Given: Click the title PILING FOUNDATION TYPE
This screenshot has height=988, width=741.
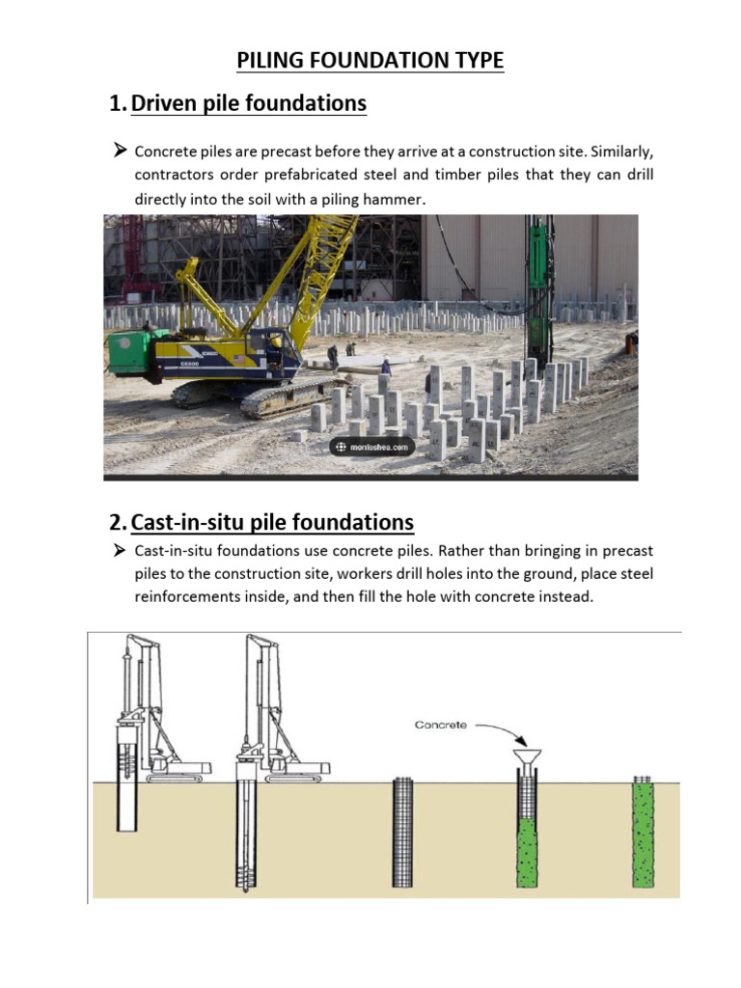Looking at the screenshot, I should [370, 61].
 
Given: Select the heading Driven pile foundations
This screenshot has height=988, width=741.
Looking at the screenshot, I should [248, 103].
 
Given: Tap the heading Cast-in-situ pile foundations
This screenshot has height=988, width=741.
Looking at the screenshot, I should [272, 522].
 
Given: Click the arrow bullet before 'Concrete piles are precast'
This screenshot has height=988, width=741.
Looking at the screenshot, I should [120, 151].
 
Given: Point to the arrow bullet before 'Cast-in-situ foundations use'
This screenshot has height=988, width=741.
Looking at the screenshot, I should [120, 550].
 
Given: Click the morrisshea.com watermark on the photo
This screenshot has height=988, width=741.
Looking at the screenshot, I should [372, 447].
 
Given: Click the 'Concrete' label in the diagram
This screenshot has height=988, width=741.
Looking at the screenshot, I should [441, 726].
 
